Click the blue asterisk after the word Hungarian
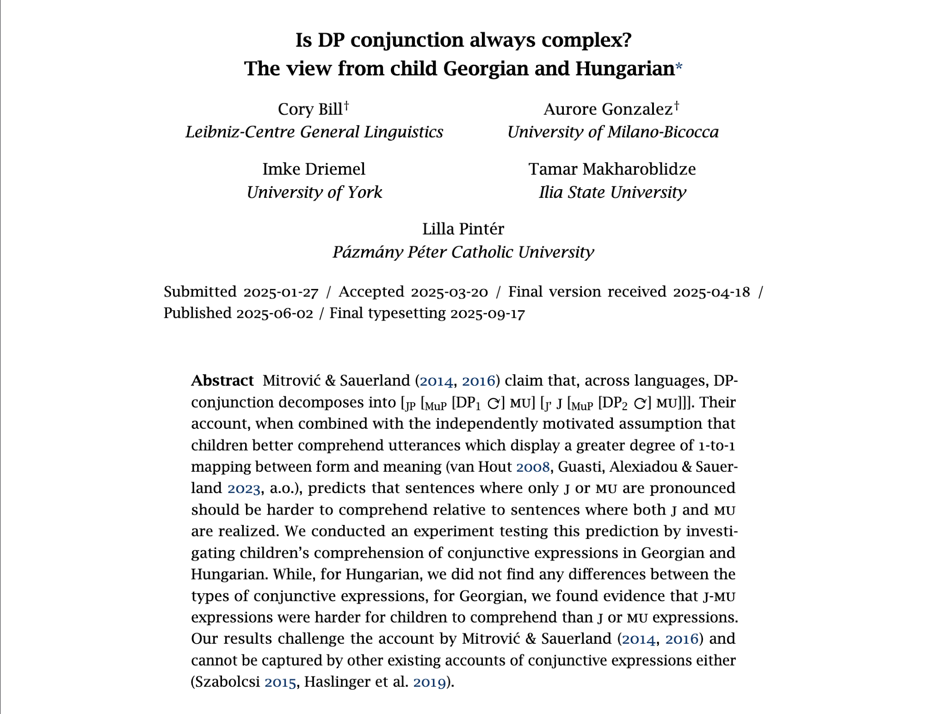point(678,68)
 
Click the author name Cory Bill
point(310,109)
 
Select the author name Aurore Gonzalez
point(608,109)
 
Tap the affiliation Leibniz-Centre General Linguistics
point(314,132)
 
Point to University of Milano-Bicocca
point(613,132)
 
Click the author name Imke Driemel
point(314,169)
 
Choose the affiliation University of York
point(314,192)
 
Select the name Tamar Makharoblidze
point(612,169)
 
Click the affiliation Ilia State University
point(612,192)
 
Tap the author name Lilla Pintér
point(463,229)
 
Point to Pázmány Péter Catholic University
point(463,252)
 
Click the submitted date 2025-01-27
point(281,292)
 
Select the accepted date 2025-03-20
point(449,292)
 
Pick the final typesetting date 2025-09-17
point(487,314)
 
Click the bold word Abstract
point(222,381)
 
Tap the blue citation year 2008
point(533,467)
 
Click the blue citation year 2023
point(244,488)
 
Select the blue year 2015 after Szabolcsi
point(280,683)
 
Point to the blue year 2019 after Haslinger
point(429,683)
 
